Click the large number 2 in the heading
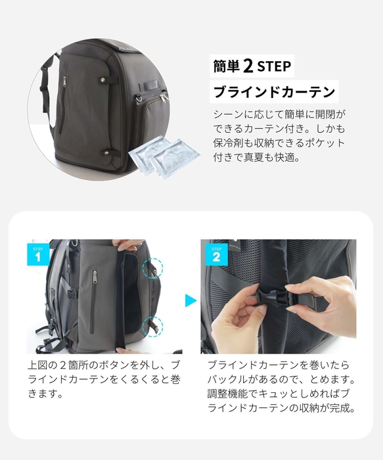pos(248,66)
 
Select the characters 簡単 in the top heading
pos(226,67)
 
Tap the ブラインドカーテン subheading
pos(275,91)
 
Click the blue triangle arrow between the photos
pos(191,301)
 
